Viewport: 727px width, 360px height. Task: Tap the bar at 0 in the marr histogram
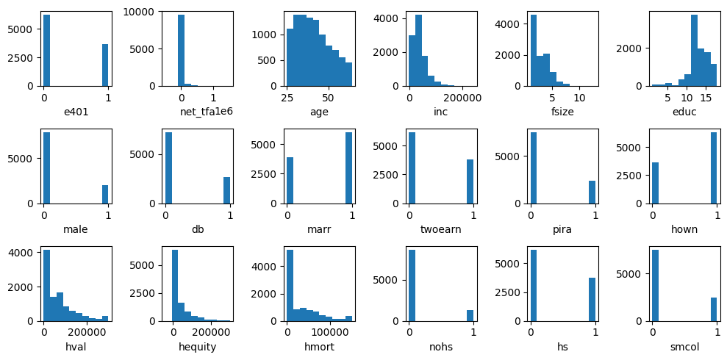pos(290,180)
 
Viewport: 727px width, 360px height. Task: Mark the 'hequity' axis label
pos(197,347)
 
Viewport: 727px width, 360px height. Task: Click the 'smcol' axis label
pos(684,347)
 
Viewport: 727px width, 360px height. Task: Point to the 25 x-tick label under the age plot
pos(287,97)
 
